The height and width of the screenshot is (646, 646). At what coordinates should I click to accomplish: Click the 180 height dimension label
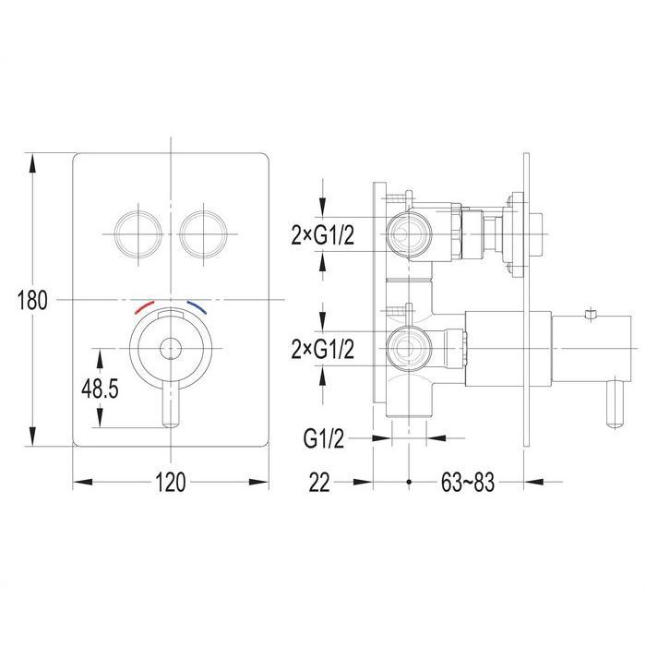pos(32,300)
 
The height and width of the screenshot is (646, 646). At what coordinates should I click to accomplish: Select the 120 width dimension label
pos(171,482)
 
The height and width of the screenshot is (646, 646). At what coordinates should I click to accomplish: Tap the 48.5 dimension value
pos(100,389)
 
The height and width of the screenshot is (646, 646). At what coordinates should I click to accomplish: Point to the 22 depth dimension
pos(319,482)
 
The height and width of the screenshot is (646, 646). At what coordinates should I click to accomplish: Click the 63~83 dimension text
pos(467,482)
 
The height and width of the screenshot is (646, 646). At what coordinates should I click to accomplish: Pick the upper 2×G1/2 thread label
pos(323,236)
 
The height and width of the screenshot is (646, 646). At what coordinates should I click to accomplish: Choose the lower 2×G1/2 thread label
pos(323,350)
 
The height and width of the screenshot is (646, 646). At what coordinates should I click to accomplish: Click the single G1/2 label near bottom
pos(323,438)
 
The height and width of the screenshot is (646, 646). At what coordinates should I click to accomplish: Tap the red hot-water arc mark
pos(144,307)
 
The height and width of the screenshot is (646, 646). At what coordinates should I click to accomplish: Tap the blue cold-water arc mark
pos(197,307)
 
